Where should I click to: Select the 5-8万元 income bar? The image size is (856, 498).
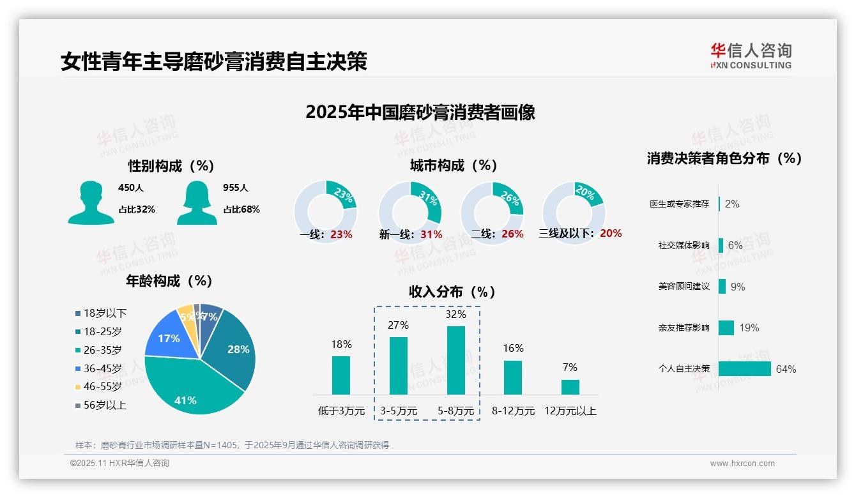tap(455, 360)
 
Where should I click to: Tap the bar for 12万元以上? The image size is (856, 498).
tap(570, 387)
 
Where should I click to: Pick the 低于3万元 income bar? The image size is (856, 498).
tap(341, 375)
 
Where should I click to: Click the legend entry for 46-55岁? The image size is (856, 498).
tap(102, 386)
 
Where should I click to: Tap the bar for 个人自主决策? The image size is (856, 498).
tap(744, 368)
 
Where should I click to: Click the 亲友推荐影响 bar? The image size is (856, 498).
tap(726, 328)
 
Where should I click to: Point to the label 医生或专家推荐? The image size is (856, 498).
tap(679, 204)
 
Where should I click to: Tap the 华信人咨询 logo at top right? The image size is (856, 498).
tap(751, 55)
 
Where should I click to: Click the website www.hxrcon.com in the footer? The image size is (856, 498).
tap(742, 464)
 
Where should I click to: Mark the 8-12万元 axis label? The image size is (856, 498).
tap(513, 411)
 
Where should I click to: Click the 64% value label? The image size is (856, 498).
tap(786, 369)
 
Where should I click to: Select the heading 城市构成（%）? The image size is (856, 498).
tap(454, 165)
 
